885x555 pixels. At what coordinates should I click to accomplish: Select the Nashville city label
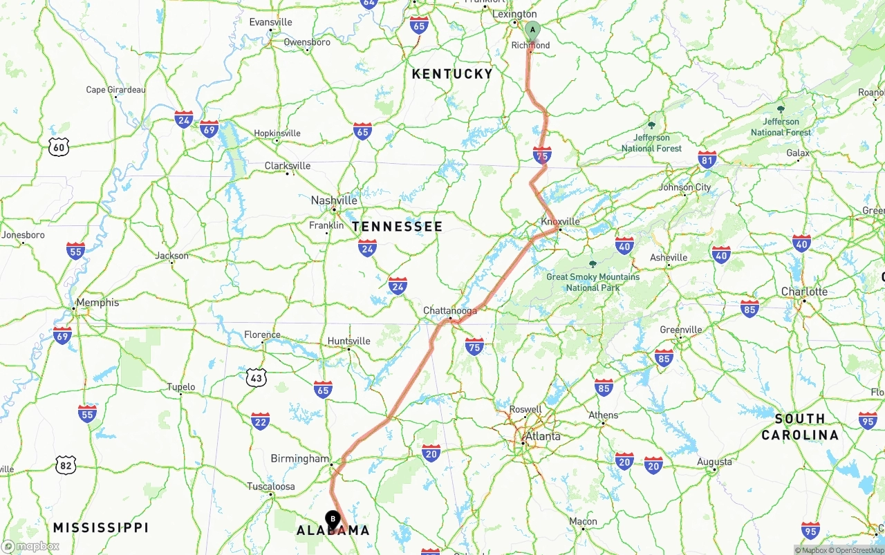[334, 200]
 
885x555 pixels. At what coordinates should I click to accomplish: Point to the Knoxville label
[560, 221]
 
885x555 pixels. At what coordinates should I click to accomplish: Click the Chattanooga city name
[449, 311]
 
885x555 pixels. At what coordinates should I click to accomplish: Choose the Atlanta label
[543, 436]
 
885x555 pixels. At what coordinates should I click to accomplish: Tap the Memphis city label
[97, 303]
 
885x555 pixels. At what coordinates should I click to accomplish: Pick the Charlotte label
[804, 292]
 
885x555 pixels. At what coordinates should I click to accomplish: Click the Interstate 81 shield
[707, 160]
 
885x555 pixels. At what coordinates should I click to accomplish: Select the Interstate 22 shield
[260, 421]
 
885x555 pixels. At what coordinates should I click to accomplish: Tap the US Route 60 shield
[59, 146]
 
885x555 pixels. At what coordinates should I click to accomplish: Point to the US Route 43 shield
[256, 377]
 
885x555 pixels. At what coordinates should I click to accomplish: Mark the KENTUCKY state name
[452, 74]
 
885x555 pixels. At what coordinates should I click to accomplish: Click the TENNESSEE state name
[397, 227]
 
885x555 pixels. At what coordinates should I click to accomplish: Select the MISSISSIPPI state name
[101, 527]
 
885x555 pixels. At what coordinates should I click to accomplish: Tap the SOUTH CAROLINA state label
[800, 426]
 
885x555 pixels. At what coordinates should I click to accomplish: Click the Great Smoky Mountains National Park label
[593, 282]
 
